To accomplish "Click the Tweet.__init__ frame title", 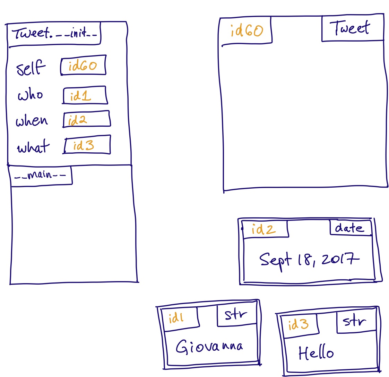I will click(54, 34).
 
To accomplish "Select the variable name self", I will click(31, 68).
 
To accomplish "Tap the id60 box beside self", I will click(83, 65).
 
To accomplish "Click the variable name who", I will click(31, 95).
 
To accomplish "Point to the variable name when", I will click(32, 121).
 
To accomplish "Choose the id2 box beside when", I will click(86, 119).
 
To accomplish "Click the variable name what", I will click(33, 147).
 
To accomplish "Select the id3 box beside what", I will click(87, 145).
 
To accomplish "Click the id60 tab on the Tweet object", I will click(247, 31).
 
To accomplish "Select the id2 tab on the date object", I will click(265, 229).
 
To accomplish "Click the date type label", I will click(349, 228).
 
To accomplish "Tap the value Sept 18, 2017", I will click(309, 260).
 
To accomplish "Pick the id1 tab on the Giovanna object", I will click(179, 317).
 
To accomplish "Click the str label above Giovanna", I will click(236, 314).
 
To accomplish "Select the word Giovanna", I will click(209, 346).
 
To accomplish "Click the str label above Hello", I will click(355, 321).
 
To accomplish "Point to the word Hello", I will click(316, 353).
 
